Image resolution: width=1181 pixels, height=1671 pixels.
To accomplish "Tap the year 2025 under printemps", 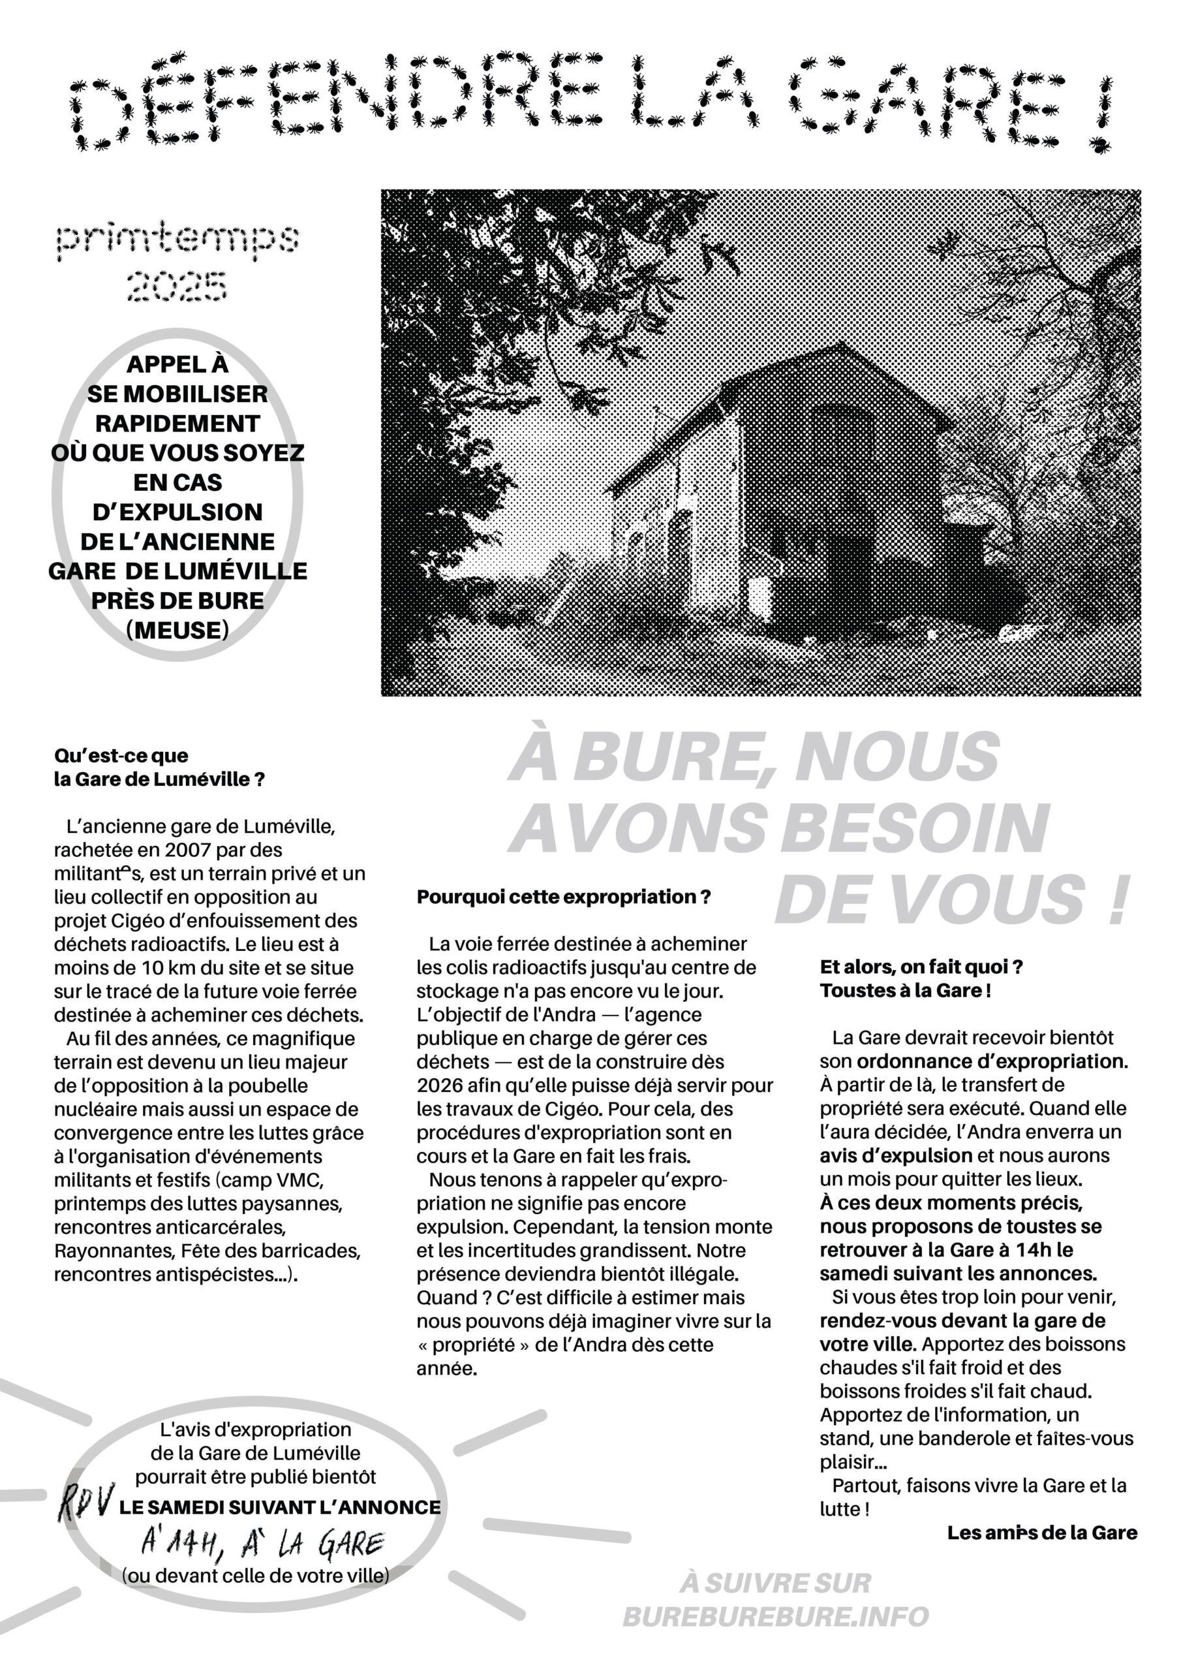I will point(177,285).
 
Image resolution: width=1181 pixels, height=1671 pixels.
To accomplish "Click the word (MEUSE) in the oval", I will point(177,629).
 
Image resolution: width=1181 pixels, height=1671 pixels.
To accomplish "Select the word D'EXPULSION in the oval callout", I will point(177,512).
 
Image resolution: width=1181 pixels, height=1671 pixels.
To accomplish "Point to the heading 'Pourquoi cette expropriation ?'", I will point(563,897).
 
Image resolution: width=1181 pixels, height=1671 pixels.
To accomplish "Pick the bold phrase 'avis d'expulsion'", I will point(896,1155).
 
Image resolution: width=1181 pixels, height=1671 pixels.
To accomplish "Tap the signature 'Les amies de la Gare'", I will point(1041,1533).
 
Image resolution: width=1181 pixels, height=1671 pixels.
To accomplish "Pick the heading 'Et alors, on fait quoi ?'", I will point(921,967).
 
